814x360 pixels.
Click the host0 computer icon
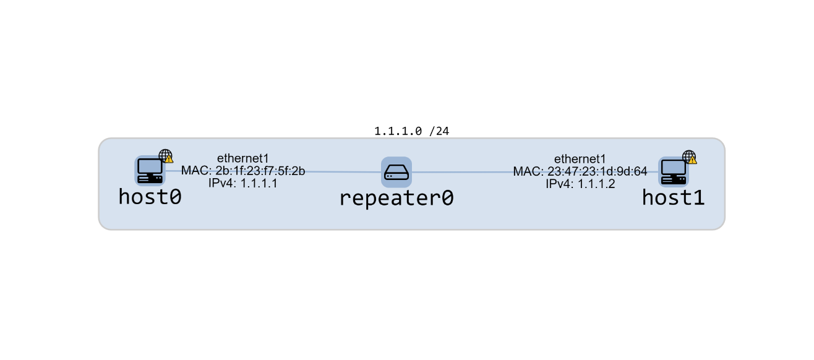click(x=150, y=171)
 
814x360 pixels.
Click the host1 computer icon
click(x=673, y=171)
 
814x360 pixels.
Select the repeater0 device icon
click(x=396, y=172)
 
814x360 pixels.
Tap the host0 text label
click(x=150, y=197)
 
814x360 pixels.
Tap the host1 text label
click(x=673, y=197)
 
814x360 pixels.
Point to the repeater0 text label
click(x=396, y=198)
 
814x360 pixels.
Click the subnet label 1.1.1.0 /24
click(x=411, y=131)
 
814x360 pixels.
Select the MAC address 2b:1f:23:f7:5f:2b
click(x=260, y=171)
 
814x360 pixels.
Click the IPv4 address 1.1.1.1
click(x=259, y=183)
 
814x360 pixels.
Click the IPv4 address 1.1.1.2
click(x=596, y=184)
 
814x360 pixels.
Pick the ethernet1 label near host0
click(x=243, y=159)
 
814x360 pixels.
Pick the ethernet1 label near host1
click(x=580, y=159)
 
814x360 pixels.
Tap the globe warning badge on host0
click(x=166, y=156)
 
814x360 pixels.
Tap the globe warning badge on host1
click(x=690, y=157)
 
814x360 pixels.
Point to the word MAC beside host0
click(x=196, y=171)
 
